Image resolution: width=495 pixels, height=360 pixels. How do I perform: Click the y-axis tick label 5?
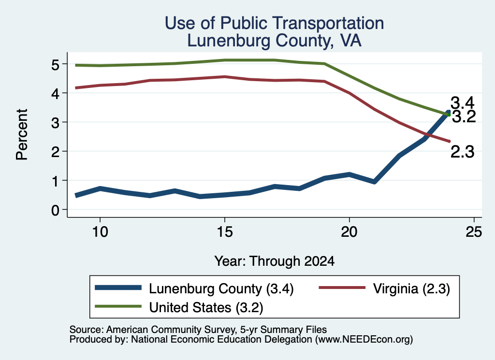pos(55,64)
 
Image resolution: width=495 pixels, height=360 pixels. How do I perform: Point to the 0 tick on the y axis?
pos(55,210)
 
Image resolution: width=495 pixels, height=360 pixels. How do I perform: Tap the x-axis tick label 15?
pos(225,232)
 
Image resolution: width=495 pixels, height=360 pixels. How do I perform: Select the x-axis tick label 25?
pos(474,232)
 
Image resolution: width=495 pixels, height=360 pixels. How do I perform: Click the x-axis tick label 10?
pos(100,232)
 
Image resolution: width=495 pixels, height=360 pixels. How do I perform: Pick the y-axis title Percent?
pos(22,134)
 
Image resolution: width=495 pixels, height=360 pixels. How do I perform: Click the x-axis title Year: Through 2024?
pos(275,261)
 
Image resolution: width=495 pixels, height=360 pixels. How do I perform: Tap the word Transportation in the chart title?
pos(328,23)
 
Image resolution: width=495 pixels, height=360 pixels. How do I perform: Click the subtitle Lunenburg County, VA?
pos(274,41)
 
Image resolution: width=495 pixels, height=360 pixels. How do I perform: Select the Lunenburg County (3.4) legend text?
pos(221,288)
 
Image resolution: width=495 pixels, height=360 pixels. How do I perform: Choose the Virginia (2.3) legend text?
pos(411,288)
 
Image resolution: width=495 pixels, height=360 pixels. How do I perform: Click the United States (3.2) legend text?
pos(206,307)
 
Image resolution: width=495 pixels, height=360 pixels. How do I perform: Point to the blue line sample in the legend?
pos(118,288)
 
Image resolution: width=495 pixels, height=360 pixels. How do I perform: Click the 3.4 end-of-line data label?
pos(463,103)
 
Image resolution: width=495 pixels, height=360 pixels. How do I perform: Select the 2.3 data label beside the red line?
pos(463,152)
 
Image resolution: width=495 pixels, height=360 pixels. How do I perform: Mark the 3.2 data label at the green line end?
pos(464,117)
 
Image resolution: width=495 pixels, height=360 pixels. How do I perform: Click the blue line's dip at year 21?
pos(375,182)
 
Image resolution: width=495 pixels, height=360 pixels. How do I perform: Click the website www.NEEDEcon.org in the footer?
pos(364,340)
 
